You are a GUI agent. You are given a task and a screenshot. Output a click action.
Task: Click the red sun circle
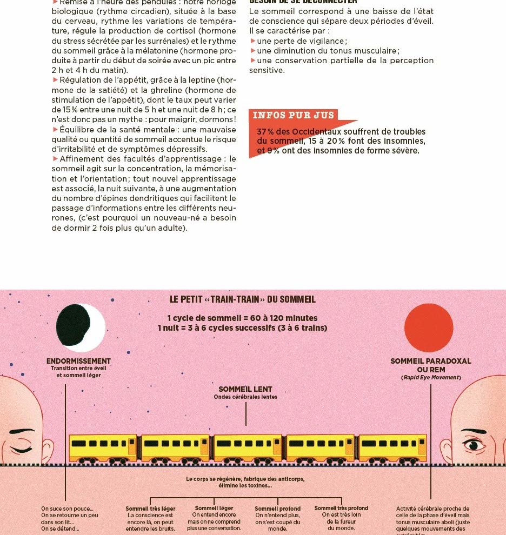[428, 327]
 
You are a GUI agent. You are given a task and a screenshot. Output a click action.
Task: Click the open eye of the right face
[474, 445]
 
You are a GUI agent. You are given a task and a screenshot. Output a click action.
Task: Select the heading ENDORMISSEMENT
[78, 361]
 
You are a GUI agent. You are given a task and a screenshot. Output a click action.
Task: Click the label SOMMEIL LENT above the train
[245, 389]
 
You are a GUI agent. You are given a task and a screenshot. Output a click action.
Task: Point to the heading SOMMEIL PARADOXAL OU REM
[431, 365]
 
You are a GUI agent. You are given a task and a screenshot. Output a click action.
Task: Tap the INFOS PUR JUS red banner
[294, 115]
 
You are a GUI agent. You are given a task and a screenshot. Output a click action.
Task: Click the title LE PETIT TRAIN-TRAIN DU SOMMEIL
[243, 299]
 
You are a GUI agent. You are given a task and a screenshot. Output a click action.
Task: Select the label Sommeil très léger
[150, 509]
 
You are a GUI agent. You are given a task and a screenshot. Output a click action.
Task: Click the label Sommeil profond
[278, 509]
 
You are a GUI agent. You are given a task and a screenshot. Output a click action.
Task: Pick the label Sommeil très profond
[341, 508]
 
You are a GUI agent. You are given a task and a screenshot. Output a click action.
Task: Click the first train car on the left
[103, 448]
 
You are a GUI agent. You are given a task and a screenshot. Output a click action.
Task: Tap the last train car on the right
[392, 448]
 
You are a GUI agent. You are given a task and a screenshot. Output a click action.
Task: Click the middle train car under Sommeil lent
[248, 448]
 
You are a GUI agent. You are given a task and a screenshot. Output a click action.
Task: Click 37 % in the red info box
[265, 132]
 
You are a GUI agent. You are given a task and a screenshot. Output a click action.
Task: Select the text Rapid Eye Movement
[431, 377]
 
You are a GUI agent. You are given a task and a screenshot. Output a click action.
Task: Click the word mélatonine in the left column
[145, 51]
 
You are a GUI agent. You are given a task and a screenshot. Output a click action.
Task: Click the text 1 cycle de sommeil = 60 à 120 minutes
[242, 318]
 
